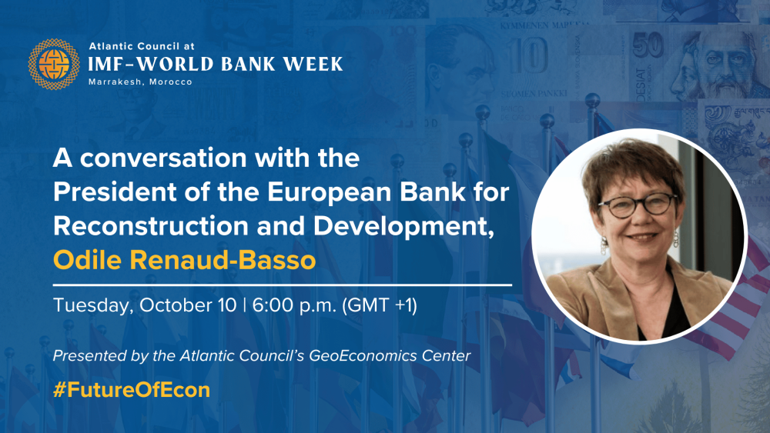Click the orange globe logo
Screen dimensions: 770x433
coord(54,65)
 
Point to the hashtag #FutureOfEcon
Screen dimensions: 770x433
coord(132,390)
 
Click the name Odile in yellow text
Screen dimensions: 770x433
coord(88,259)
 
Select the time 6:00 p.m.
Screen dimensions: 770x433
coord(294,305)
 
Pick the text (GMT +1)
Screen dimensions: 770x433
coord(380,305)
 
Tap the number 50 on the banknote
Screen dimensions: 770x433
coord(648,46)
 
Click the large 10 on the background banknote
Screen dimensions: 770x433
coord(528,56)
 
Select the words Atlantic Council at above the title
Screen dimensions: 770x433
coord(142,46)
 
